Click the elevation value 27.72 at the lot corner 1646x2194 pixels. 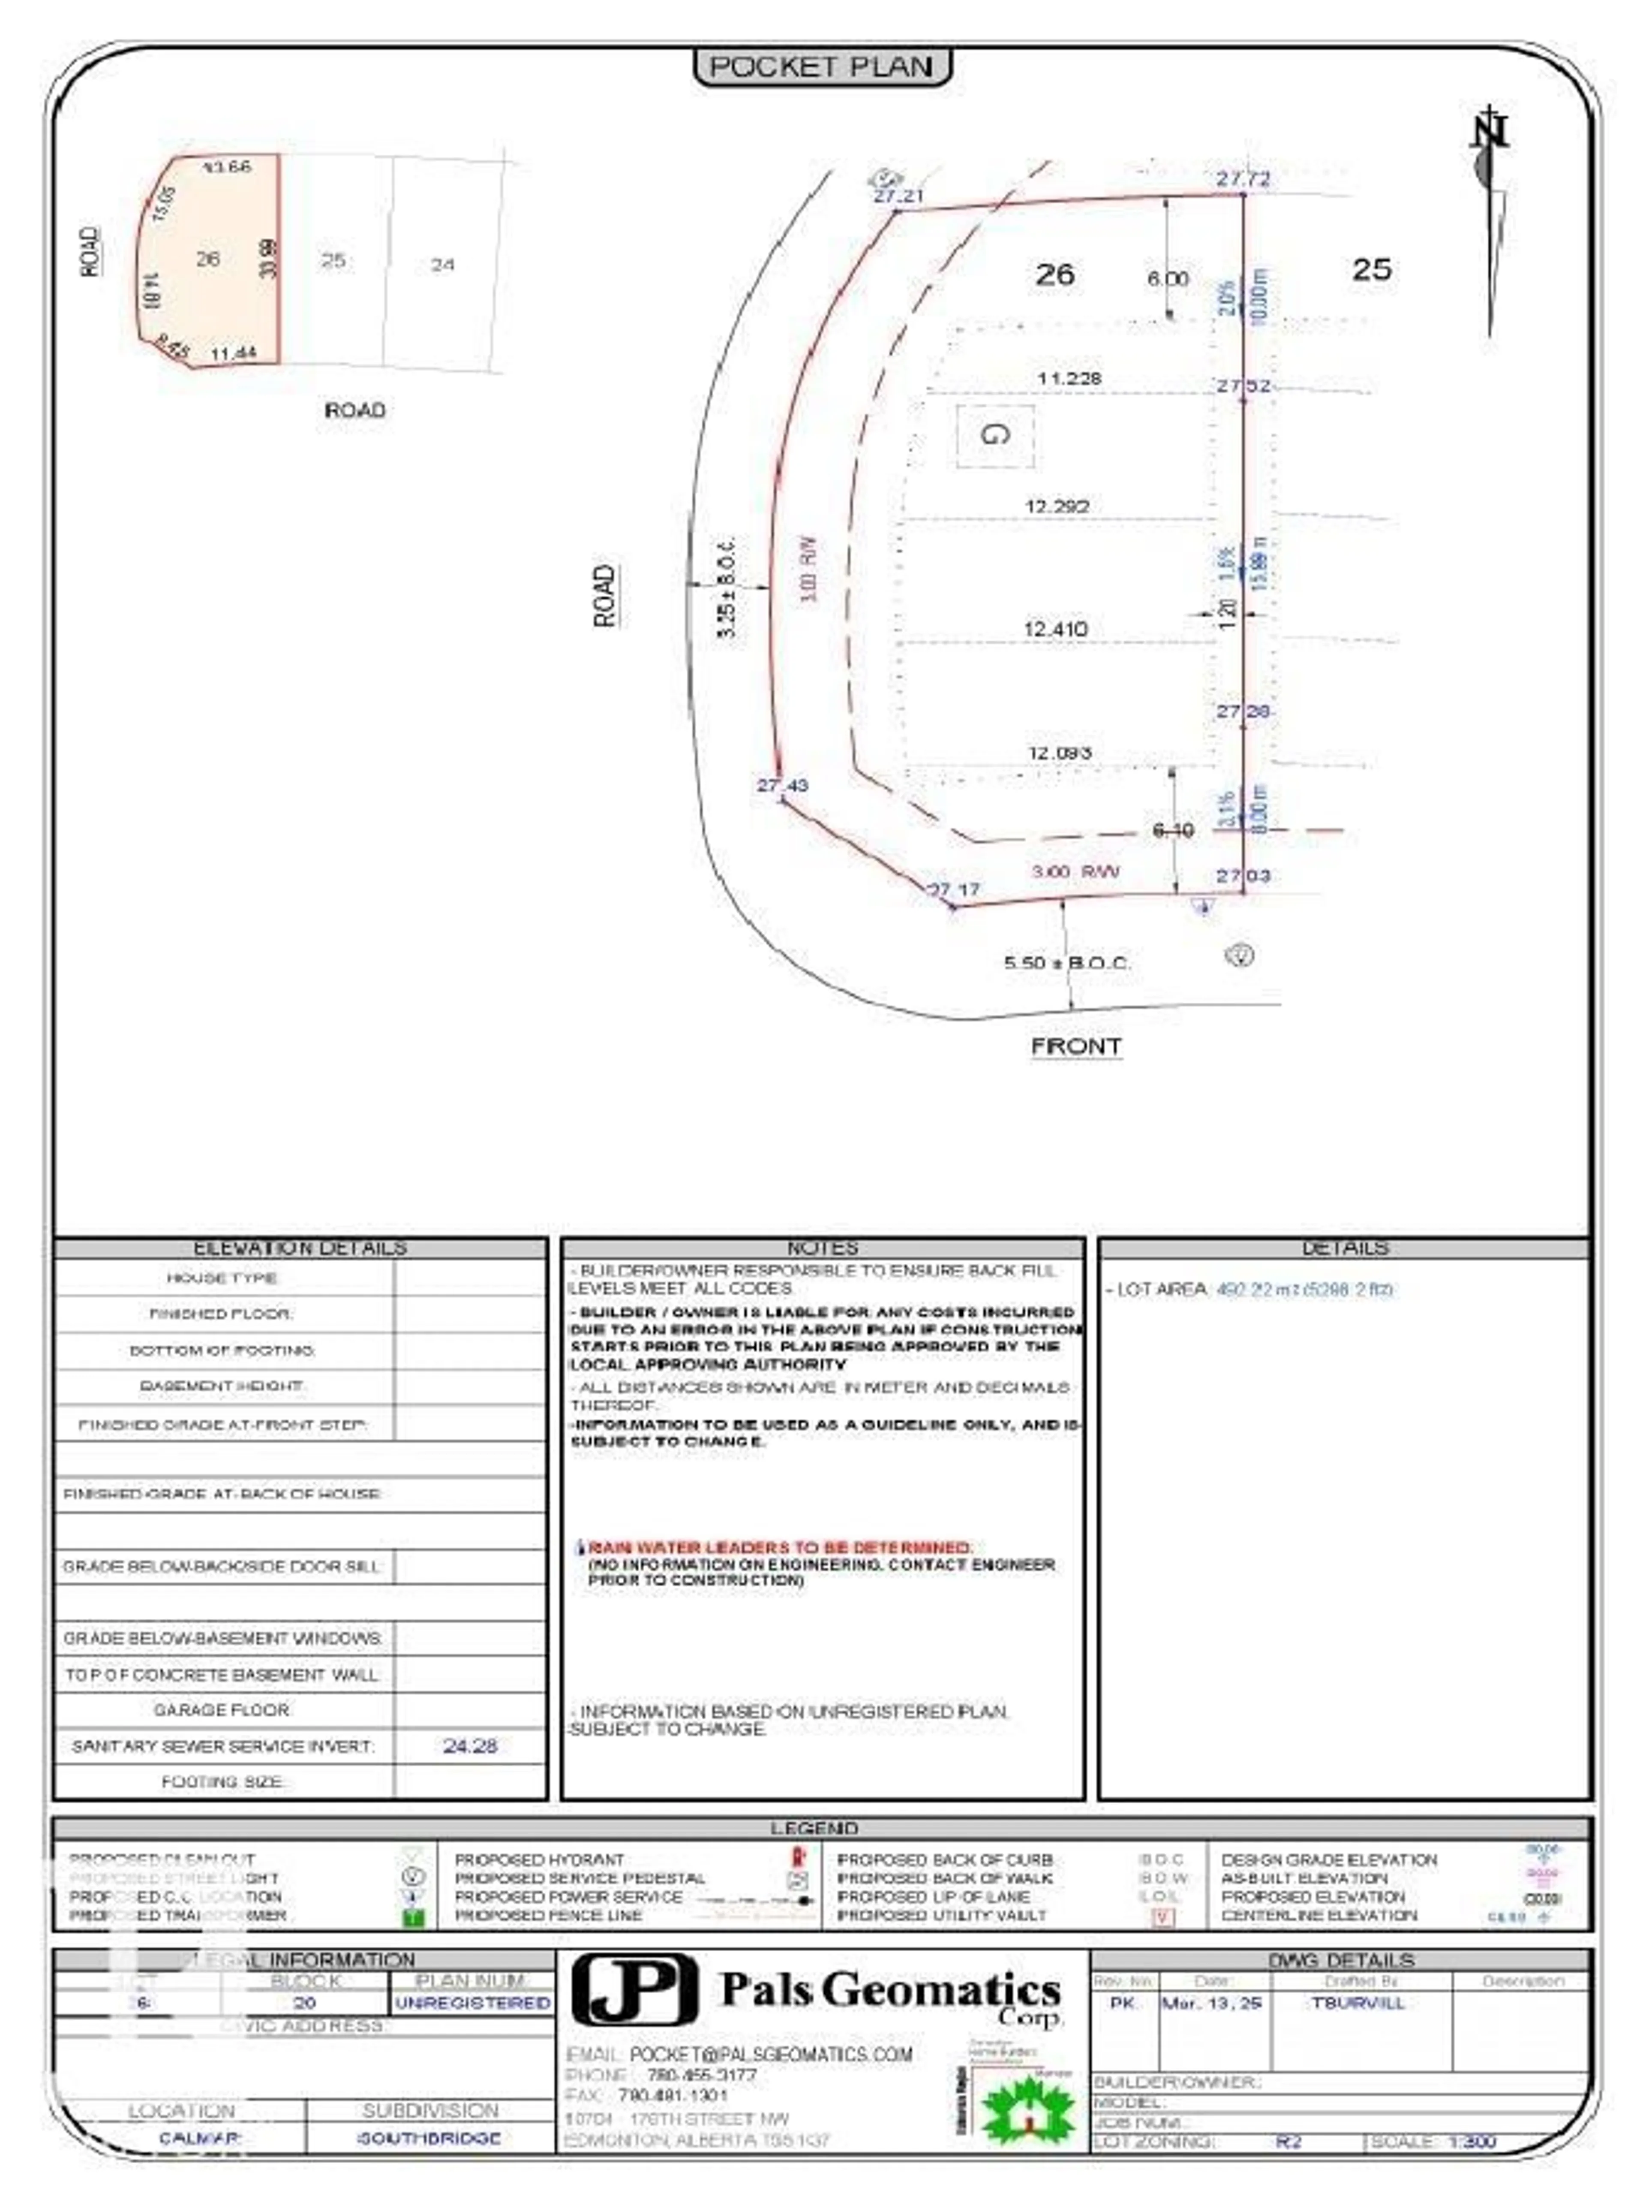coord(1243,178)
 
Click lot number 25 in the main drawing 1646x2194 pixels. coord(1371,269)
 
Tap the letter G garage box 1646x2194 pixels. coord(994,434)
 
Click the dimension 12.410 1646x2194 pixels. coord(1055,629)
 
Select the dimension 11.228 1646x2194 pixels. coord(1069,378)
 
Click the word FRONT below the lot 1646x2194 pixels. coord(1076,1046)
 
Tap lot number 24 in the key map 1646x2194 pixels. coord(442,265)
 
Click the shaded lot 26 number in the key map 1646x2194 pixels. coord(207,259)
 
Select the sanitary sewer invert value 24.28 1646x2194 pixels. coord(470,1746)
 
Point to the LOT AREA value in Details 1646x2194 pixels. coord(1304,1290)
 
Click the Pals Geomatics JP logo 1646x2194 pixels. coord(634,1989)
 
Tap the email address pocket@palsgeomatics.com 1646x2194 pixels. coord(770,2054)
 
